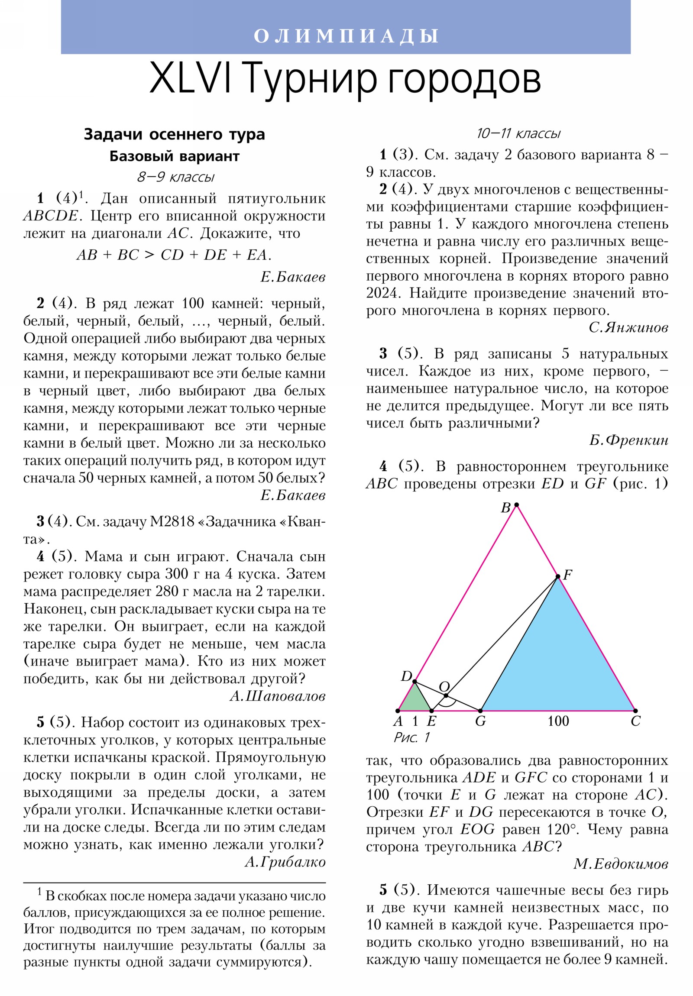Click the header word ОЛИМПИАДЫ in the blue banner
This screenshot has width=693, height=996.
pos(346,36)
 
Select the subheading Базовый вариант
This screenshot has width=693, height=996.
pos(174,156)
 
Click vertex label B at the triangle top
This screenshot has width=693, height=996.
pos(505,508)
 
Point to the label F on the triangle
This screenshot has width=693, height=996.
pos(567,575)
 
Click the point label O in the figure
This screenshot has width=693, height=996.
pos(444,686)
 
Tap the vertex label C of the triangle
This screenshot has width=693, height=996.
pos(635,721)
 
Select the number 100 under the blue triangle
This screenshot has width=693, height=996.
pos(558,721)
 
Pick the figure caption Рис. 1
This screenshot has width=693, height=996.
pos(411,737)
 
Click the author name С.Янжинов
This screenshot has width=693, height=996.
pos(628,327)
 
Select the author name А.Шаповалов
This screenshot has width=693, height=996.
pos(277,696)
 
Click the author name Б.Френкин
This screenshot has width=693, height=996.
pos(628,440)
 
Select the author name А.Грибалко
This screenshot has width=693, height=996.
pos(285,862)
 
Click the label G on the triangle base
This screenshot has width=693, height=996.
pos(480,721)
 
